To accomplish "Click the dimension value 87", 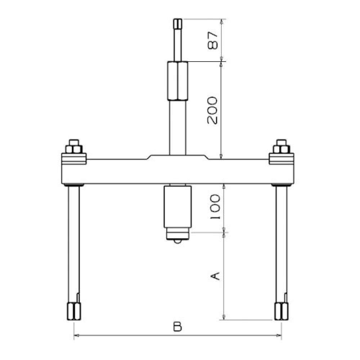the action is (x=212, y=40).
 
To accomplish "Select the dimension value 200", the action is (x=212, y=111).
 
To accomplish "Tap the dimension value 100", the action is (x=215, y=207).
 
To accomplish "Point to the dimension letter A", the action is (x=215, y=276).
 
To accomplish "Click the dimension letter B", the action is (x=177, y=327).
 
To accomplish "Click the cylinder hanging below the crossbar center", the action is (x=177, y=207).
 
